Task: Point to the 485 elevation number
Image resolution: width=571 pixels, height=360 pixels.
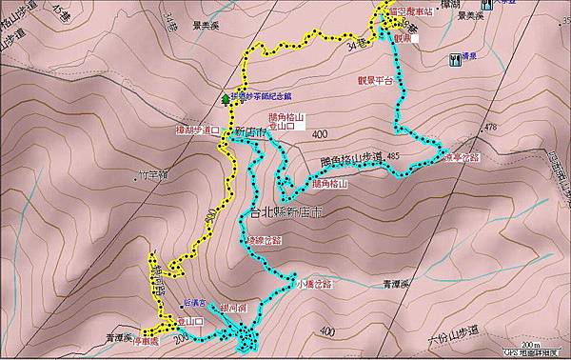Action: pos(392,156)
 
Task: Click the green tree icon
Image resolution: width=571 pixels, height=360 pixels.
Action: pos(226,97)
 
